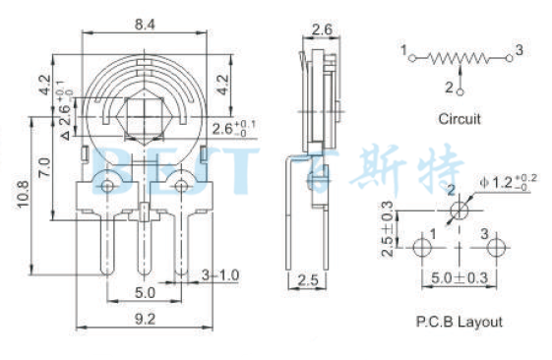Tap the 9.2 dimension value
click(x=146, y=317)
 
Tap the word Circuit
click(x=460, y=119)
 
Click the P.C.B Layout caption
click(x=460, y=322)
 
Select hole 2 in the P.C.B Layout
click(x=459, y=211)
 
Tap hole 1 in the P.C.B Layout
click(x=421, y=246)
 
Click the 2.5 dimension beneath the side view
click(x=308, y=280)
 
